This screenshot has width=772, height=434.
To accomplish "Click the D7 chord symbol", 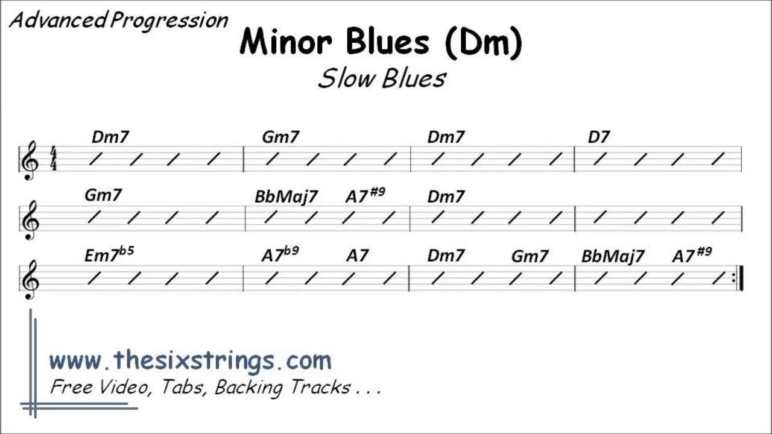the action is (x=599, y=137).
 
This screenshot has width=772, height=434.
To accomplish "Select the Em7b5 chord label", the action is (x=109, y=254).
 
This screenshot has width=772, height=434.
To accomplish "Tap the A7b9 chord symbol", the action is (x=280, y=254).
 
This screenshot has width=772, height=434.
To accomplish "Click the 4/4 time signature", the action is (x=54, y=159).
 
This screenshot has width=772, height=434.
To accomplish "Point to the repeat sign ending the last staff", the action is (x=738, y=278).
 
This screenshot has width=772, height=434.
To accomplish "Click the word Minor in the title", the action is (x=286, y=42).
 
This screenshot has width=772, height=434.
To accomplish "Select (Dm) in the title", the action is (x=483, y=43).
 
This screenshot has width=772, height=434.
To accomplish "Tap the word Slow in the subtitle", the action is (x=346, y=78).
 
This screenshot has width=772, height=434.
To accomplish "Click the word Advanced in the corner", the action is (x=57, y=20).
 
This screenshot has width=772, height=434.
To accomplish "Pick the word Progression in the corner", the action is (x=169, y=21).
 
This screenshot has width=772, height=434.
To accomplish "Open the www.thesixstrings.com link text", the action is (x=190, y=361).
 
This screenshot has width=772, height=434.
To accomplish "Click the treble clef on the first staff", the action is (x=30, y=160).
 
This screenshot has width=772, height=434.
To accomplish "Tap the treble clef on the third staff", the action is (x=30, y=280).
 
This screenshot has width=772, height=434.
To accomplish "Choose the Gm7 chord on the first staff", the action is (x=280, y=137).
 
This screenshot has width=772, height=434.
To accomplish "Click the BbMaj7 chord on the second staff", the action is (x=286, y=197).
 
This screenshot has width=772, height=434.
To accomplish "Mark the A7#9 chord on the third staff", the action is (x=692, y=255).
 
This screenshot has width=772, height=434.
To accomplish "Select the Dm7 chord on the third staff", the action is (x=446, y=256).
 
